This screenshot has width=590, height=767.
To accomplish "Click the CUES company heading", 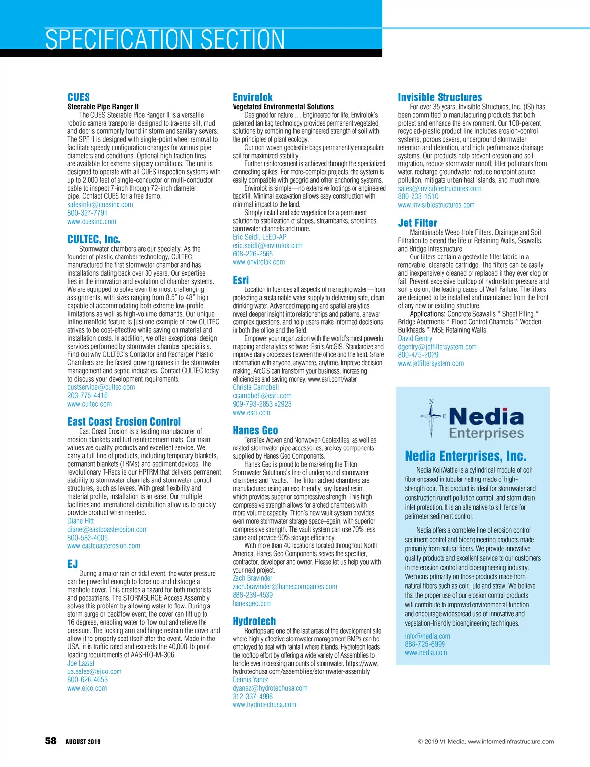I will [79, 97].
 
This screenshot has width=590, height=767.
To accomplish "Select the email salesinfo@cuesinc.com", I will [100, 205].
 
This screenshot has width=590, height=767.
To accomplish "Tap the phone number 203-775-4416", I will [88, 395].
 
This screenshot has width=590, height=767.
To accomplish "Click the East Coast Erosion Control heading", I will [124, 422].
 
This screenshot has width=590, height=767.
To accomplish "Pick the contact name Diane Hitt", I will [81, 521].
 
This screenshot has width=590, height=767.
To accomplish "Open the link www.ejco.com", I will [87, 688].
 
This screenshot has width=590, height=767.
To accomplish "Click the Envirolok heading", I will [252, 97].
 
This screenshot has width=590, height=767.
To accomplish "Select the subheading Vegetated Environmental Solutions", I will [283, 107].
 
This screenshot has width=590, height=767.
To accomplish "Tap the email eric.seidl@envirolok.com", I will [267, 246].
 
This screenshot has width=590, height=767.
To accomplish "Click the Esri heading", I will [240, 280].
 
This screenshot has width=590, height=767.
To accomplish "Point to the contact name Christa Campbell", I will [256, 387].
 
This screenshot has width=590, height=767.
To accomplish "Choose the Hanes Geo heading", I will [255, 431].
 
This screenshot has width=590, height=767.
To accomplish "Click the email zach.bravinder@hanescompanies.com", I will [285, 587].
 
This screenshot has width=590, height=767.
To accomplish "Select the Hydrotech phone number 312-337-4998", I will [253, 697].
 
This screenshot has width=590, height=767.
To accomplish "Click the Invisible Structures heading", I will [440, 97].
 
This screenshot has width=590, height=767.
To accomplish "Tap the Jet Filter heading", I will [417, 223].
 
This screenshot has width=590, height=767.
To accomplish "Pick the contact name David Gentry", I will [415, 338].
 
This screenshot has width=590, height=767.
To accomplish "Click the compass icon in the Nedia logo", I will [432, 416].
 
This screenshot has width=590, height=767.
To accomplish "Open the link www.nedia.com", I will [426, 653].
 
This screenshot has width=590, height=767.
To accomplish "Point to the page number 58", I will [51, 741].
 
